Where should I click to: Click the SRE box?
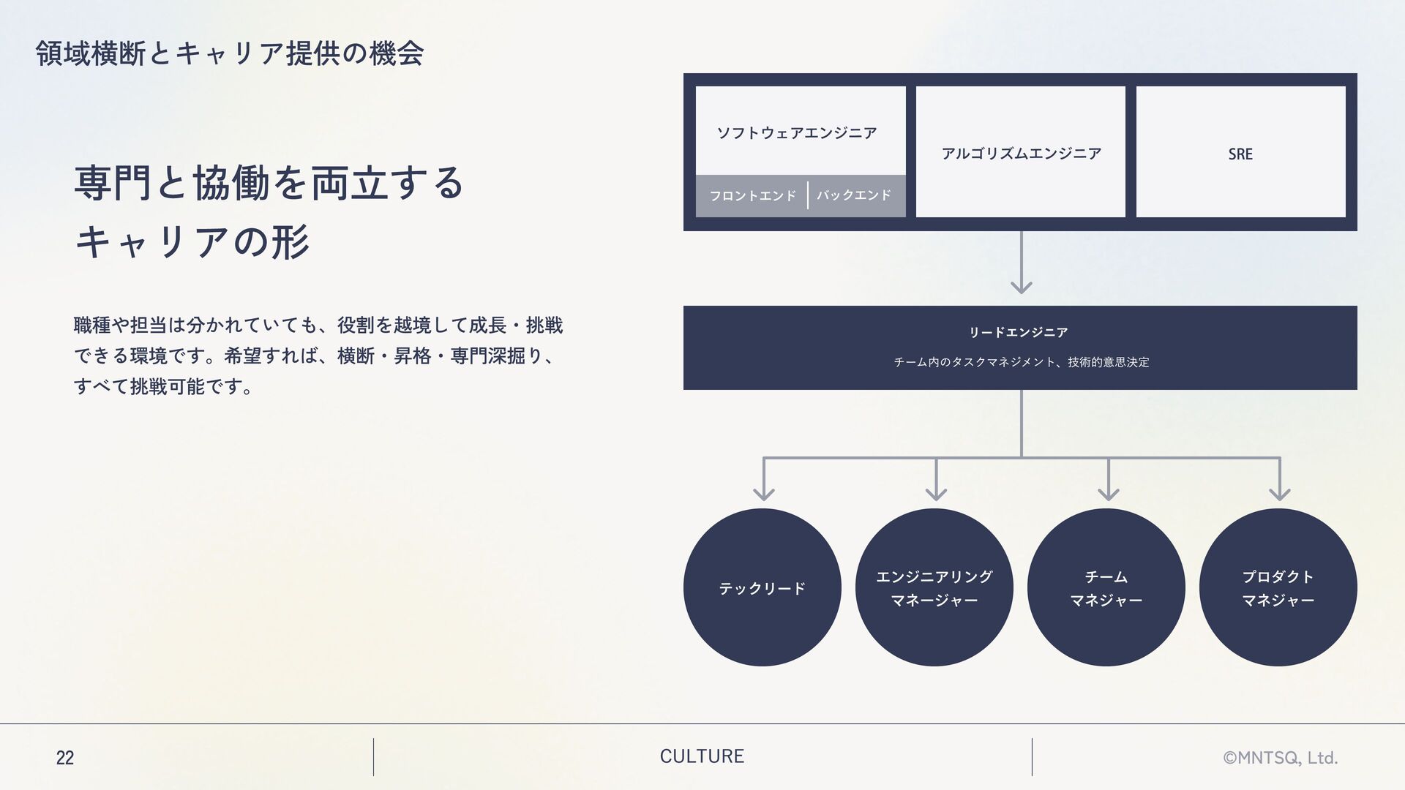[x=1240, y=153]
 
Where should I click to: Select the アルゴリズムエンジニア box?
[x=1021, y=153]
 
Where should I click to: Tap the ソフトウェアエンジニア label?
[x=796, y=132]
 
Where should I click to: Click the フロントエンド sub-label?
[x=752, y=195]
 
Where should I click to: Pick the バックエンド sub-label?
[x=854, y=195]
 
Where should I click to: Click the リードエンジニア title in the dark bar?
[x=1019, y=333]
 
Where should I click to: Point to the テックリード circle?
[x=762, y=587]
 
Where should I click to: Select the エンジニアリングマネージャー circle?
[x=934, y=587]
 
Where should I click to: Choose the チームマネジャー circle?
[x=1106, y=587]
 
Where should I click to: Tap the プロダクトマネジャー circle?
[x=1278, y=587]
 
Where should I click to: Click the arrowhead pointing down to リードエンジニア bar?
[x=1021, y=286]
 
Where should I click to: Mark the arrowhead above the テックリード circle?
[x=764, y=493]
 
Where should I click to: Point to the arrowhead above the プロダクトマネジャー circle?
[x=1280, y=493]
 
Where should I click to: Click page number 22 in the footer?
[x=65, y=758]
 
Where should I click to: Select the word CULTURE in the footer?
[x=702, y=756]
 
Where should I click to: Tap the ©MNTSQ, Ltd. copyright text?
[x=1280, y=758]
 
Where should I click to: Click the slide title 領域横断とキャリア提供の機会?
[x=229, y=53]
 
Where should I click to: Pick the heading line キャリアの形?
[x=192, y=242]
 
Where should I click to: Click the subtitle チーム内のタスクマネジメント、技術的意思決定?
[x=1021, y=362]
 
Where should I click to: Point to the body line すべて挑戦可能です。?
[x=164, y=386]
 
